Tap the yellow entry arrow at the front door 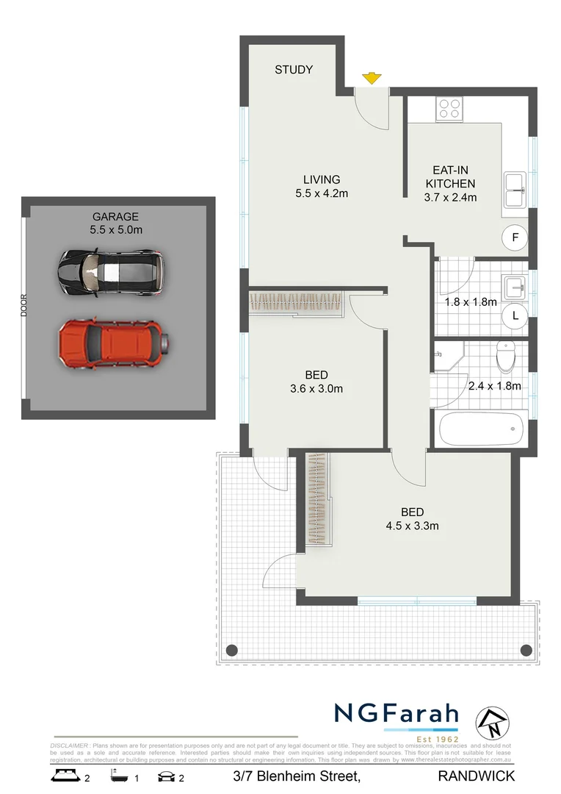click(372, 78)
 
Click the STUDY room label click(294, 70)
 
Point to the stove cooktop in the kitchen click(449, 109)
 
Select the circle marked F click(515, 237)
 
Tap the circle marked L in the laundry click(515, 315)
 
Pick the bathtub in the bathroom click(480, 429)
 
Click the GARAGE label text click(115, 216)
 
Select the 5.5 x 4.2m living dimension click(322, 194)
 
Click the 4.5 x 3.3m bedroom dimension click(412, 526)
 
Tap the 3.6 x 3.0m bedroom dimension click(316, 389)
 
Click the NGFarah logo click(397, 714)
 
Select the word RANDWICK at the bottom click(476, 776)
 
